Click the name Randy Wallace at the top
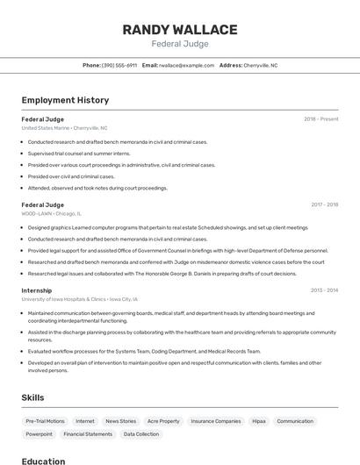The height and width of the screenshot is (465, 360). click(x=180, y=30)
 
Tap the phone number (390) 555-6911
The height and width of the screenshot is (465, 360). click(x=119, y=65)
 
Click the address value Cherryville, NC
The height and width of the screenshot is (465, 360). click(x=260, y=65)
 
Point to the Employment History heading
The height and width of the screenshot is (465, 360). click(x=65, y=100)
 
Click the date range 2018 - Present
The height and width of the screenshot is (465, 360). click(x=320, y=119)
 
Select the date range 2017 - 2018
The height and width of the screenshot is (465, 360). click(x=324, y=205)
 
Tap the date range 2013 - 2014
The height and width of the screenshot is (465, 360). click(x=324, y=290)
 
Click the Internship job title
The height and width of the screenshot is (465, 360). click(x=37, y=290)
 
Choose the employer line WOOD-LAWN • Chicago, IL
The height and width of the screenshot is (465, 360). click(x=51, y=213)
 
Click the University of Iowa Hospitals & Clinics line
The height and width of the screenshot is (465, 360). click(x=79, y=299)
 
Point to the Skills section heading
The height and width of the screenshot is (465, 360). click(x=32, y=397)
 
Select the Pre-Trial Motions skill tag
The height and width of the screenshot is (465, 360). click(x=45, y=421)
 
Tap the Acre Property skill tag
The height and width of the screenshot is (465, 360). click(x=163, y=421)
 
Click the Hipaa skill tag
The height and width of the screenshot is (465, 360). click(x=259, y=421)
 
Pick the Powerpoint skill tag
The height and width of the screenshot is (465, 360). click(x=40, y=434)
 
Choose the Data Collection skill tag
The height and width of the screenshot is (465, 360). click(x=140, y=434)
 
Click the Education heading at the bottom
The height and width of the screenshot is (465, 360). click(x=43, y=461)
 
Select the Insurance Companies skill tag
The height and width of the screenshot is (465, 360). click(x=216, y=421)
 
